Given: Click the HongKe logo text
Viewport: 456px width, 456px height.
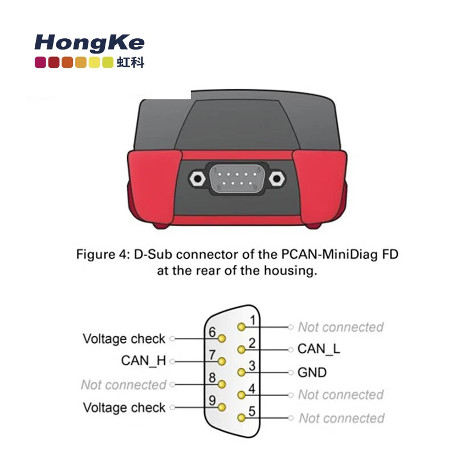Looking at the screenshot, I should pyautogui.click(x=89, y=43).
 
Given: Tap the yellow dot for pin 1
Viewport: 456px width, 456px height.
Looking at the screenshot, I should pyautogui.click(x=242, y=327).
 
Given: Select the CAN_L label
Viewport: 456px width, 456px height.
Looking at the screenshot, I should pyautogui.click(x=319, y=349).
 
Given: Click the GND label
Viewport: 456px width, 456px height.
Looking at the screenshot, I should pyautogui.click(x=312, y=373).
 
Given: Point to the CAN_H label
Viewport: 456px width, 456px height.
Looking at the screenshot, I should pyautogui.click(x=143, y=361).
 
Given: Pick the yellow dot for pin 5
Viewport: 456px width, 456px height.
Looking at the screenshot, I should pyautogui.click(x=242, y=418).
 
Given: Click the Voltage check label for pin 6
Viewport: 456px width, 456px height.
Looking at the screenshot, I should pyautogui.click(x=124, y=339).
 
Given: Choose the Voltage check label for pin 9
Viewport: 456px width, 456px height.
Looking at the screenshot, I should pyautogui.click(x=124, y=408).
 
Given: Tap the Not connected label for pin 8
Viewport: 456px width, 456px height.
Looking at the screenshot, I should pyautogui.click(x=124, y=385).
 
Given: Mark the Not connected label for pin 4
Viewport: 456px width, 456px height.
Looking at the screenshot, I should pyautogui.click(x=341, y=394).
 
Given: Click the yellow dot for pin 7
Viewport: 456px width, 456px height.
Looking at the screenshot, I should pyautogui.click(x=222, y=361).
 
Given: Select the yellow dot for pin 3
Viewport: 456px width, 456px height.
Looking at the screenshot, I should pyautogui.click(x=242, y=372).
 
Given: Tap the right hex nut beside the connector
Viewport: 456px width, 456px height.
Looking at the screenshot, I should pyautogui.click(x=278, y=178).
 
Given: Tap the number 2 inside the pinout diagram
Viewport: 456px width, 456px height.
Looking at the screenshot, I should pyautogui.click(x=251, y=343).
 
